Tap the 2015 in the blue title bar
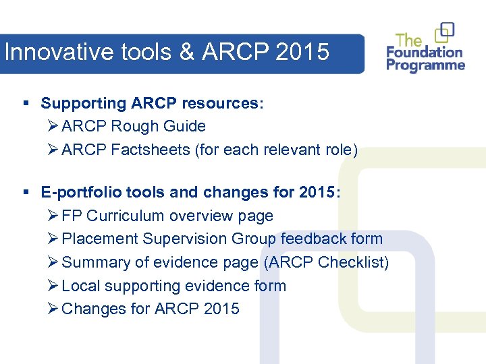[302, 52]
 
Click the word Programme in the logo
[425, 65]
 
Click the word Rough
[134, 126]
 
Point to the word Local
[80, 286]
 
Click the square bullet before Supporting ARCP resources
[26, 104]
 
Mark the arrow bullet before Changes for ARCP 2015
[53, 309]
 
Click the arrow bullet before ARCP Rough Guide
[53, 126]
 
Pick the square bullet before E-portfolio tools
[26, 193]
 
